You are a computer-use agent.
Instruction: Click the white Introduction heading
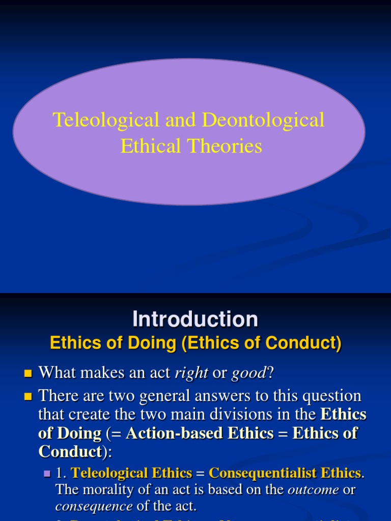click(x=195, y=320)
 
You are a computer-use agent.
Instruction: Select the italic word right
click(x=191, y=374)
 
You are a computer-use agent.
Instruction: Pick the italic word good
click(x=249, y=374)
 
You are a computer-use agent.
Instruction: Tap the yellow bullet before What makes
click(x=28, y=374)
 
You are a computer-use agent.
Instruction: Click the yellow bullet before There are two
click(x=28, y=396)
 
